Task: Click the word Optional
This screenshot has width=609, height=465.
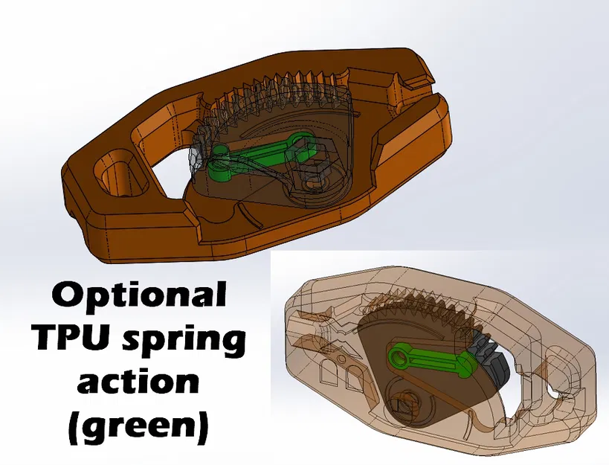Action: (x=139, y=295)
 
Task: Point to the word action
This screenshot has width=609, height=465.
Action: (x=138, y=379)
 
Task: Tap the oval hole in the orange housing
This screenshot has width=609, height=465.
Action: (x=120, y=176)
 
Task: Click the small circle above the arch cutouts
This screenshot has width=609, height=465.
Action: (x=341, y=356)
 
